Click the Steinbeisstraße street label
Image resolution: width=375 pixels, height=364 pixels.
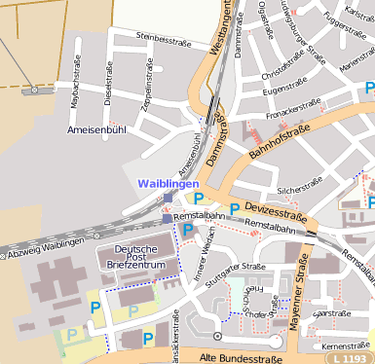point(162,38)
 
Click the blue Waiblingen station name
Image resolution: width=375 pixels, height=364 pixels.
point(168,183)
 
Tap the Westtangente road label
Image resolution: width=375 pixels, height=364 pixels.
point(221,29)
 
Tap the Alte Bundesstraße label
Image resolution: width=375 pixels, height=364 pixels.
point(247,358)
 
